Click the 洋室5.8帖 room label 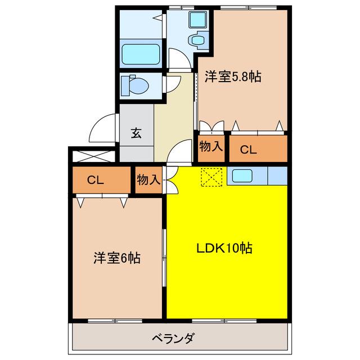[x=233, y=76]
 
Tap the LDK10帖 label [x=224, y=248]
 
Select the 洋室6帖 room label [x=117, y=258]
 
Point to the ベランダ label [x=173, y=339]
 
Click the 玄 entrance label [x=136, y=133]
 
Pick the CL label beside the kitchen [x=248, y=150]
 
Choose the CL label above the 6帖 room [x=95, y=180]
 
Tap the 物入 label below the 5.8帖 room [x=211, y=146]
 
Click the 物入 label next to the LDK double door [x=148, y=179]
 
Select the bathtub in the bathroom [x=141, y=54]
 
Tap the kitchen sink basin [x=242, y=176]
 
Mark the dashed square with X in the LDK [x=211, y=177]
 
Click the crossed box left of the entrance [x=94, y=156]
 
